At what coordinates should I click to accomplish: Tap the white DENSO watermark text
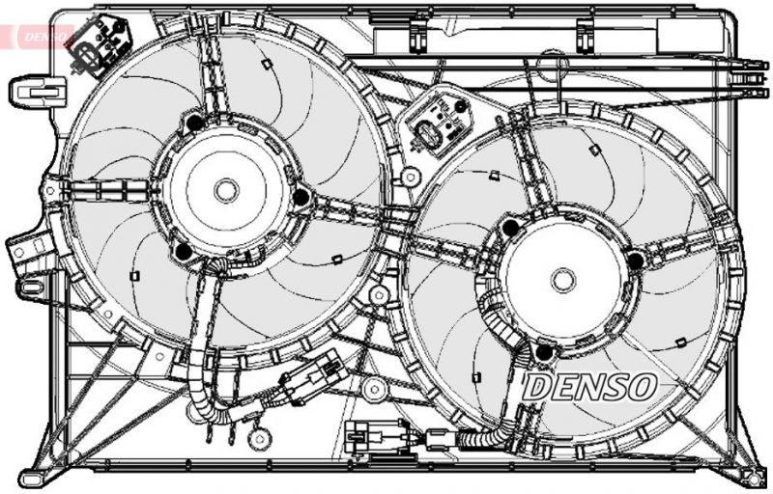(589, 388)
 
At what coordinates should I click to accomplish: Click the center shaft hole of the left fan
(226, 190)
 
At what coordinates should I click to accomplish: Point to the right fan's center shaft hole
(563, 280)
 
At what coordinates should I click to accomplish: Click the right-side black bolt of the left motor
(301, 197)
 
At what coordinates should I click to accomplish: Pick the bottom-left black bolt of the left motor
(183, 253)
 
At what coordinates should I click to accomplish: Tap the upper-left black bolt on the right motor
(510, 229)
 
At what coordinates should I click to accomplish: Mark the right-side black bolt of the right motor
(635, 260)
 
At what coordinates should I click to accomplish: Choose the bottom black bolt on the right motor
(543, 352)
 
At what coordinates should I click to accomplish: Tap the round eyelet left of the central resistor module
(411, 177)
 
